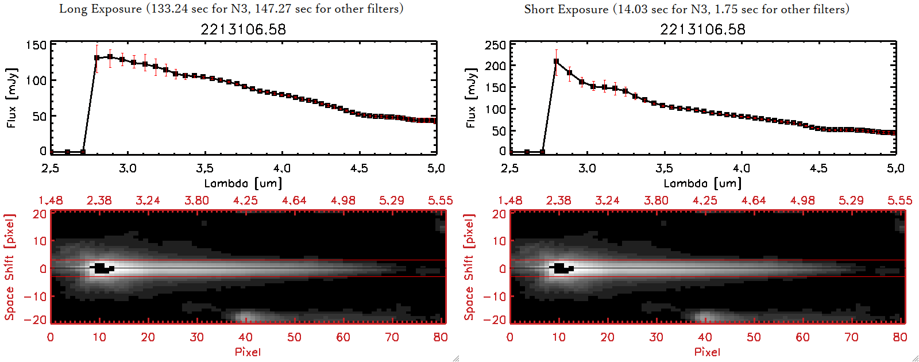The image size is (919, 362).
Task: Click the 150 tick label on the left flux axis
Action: point(36,45)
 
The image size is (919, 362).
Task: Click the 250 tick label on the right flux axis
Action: point(496,45)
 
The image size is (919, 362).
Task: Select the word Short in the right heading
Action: point(539,9)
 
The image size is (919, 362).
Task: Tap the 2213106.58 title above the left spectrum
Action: point(243,29)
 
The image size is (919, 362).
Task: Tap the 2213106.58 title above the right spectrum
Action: point(702,29)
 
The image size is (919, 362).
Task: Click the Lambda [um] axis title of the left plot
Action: point(243,183)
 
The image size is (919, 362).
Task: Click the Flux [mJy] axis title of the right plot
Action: point(472,98)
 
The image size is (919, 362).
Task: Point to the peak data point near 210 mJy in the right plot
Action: point(556,61)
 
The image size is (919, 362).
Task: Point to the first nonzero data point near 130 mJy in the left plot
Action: point(97,58)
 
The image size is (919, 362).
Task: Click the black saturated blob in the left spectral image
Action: point(102,268)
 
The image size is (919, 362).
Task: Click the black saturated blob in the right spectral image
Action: point(561,268)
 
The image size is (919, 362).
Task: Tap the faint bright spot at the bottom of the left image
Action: point(246,316)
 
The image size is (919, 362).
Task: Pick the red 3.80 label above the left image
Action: point(196,201)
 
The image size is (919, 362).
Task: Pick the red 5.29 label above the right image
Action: point(851,201)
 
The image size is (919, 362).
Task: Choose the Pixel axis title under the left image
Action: point(248,352)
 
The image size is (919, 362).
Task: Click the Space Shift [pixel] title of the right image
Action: point(469,267)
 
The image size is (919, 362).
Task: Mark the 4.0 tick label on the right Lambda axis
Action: point(741,168)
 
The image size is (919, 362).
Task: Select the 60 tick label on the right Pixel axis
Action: point(802,337)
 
